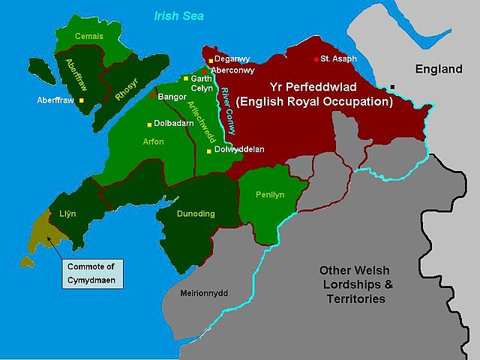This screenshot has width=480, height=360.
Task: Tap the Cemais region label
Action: pos(88,36)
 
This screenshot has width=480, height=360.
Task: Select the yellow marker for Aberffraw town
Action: pos(81,100)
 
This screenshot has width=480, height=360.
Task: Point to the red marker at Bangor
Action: pos(152,95)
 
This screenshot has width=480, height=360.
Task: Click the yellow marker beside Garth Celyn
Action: pos(186,78)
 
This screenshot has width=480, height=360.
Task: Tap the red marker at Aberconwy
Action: pos(205,71)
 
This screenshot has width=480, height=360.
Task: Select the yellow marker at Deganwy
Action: pos(211,60)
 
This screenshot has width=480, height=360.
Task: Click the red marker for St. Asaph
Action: pos(316,58)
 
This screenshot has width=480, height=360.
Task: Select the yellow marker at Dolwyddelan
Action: pos(209,150)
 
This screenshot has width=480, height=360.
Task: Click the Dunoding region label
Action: pos(196,214)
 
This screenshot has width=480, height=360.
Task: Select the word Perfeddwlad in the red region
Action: pos(328,87)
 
